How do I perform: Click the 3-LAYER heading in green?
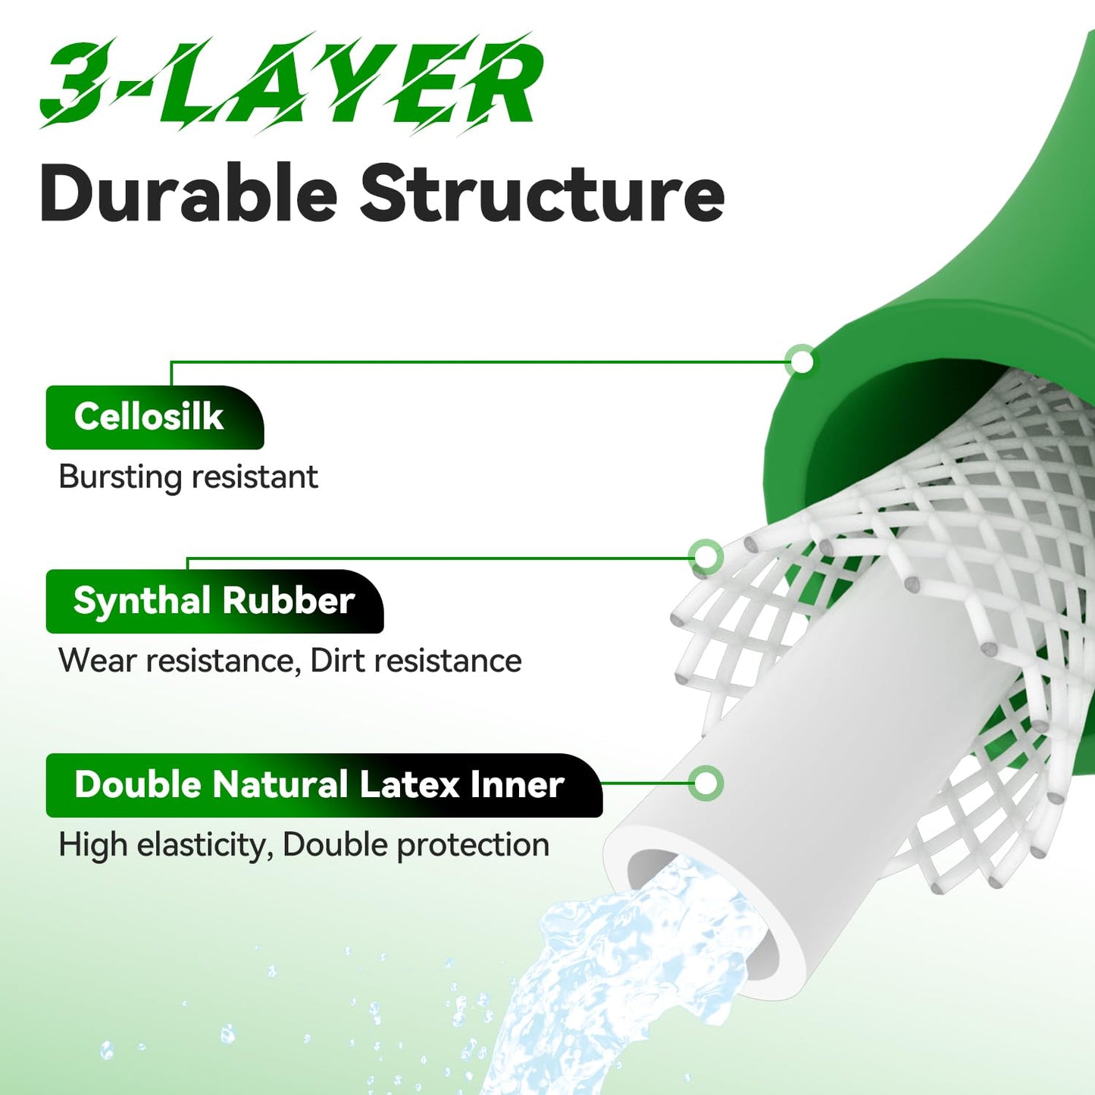click(x=289, y=83)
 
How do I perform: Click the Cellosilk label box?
click(x=155, y=418)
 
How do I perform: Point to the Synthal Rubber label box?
click(x=214, y=601)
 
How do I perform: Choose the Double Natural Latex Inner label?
click(x=324, y=785)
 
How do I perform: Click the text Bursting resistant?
click(x=188, y=477)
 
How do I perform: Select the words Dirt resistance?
click(x=416, y=661)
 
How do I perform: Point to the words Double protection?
click(x=416, y=845)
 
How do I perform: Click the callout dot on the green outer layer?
click(x=802, y=361)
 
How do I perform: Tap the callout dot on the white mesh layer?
click(x=705, y=556)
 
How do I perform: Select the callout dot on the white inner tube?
click(x=705, y=784)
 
